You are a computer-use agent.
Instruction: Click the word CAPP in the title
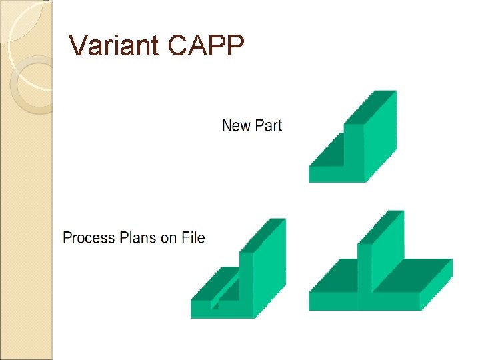point(207,45)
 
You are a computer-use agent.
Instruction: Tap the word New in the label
point(235,125)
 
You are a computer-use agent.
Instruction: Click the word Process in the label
point(89,237)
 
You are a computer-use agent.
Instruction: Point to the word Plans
point(139,237)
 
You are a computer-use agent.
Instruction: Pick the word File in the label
point(193,237)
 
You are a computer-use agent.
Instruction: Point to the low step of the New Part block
point(327,163)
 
